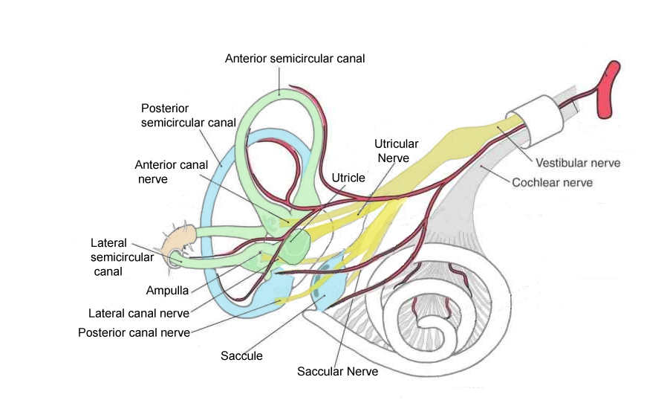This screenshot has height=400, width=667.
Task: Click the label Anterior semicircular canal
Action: tap(295, 57)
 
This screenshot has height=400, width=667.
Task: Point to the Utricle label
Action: tap(348, 178)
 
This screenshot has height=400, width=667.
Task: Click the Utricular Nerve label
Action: tap(396, 150)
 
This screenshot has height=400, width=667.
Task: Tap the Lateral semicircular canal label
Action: tap(122, 257)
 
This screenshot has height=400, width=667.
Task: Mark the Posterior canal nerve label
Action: tap(134, 332)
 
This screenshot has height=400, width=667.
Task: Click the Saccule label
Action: tap(241, 355)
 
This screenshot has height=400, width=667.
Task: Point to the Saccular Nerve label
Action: tap(337, 371)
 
